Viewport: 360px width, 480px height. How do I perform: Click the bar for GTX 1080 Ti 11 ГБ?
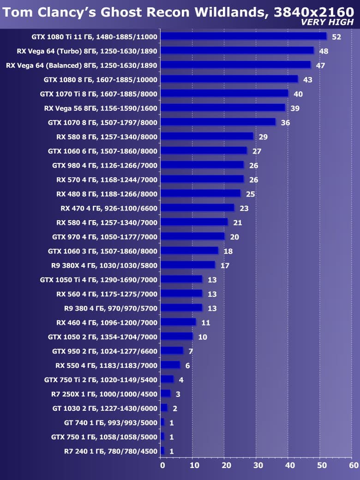[243, 36]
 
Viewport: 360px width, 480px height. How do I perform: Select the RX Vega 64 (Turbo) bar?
[237, 51]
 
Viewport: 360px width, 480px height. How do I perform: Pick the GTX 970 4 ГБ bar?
[192, 237]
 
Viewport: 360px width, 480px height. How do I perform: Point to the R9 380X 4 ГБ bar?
[188, 265]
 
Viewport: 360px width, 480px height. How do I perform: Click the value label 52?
[336, 37]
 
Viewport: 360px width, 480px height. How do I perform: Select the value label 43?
[308, 80]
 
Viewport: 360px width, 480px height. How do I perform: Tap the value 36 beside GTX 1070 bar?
[286, 123]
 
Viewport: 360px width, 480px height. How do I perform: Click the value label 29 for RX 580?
[263, 137]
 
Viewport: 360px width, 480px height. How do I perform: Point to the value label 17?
[225, 266]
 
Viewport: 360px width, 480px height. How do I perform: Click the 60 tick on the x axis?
[354, 466]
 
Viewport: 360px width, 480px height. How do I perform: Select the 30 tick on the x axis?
[258, 466]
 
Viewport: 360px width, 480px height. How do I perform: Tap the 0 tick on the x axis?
[162, 466]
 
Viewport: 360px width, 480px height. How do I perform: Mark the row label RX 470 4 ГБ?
[109, 208]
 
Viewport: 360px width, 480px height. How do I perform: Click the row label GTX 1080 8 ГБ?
[101, 79]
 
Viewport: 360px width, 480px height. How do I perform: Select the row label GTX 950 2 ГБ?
[105, 351]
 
